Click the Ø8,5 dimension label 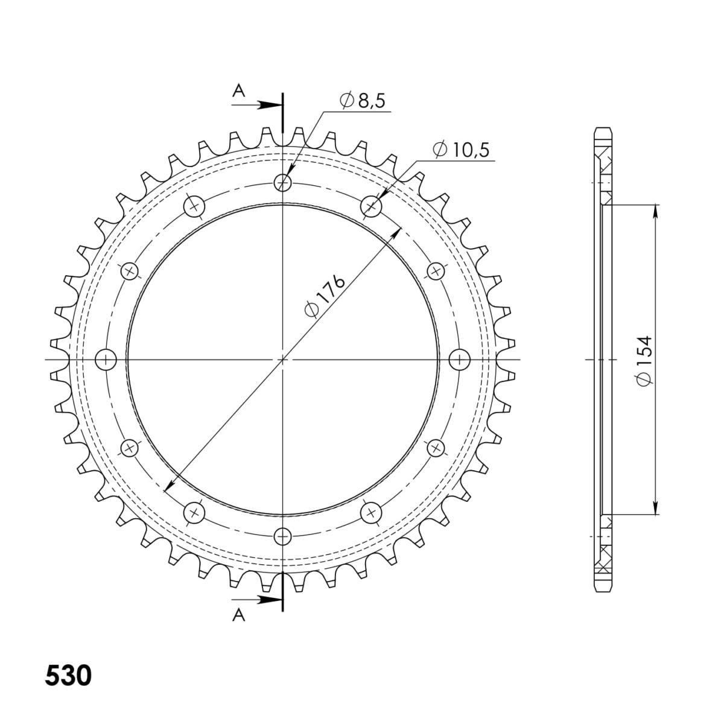[363, 101]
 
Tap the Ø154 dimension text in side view [644, 360]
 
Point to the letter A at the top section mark [239, 91]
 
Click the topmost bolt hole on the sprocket [282, 182]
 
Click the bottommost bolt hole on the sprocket [282, 536]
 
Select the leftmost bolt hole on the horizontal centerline [106, 360]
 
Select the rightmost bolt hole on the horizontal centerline [460, 360]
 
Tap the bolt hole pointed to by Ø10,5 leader [371, 206]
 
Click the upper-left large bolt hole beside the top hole [194, 206]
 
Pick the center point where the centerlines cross [282, 360]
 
